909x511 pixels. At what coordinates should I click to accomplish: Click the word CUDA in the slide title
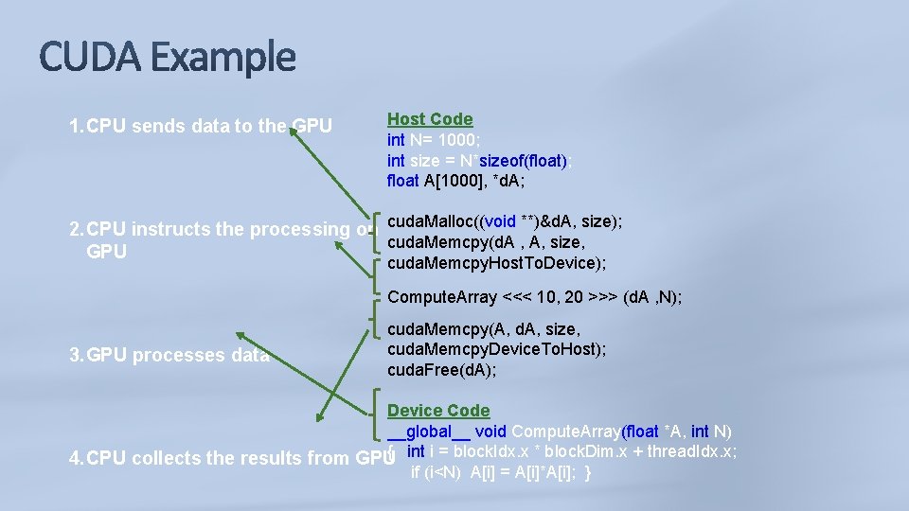coord(90,58)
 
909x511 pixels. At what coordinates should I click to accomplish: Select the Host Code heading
coord(430,119)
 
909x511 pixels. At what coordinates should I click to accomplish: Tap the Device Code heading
coord(438,411)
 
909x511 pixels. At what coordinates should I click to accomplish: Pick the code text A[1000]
coord(454,181)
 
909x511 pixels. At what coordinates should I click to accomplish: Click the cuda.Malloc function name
coord(431,221)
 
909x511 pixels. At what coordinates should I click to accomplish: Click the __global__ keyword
coord(429,432)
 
